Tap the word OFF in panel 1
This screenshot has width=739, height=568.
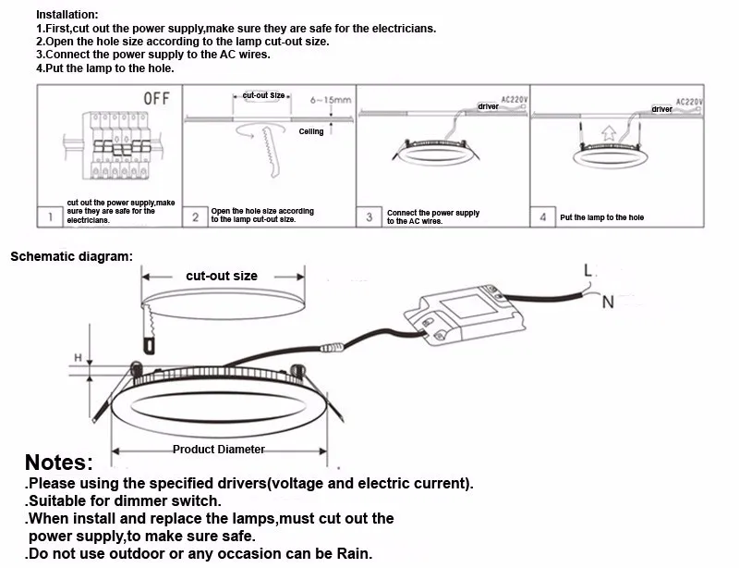154,99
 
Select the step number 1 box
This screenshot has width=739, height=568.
50,217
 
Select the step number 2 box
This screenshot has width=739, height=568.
195,217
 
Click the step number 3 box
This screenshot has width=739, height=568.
369,217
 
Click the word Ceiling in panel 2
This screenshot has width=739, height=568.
311,132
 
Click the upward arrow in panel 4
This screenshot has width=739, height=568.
606,133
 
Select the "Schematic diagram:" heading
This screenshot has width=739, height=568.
71,255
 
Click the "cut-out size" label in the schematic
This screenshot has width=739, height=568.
222,276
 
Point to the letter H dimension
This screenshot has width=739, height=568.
79,357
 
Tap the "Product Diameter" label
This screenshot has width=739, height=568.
219,450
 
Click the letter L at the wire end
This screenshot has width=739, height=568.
588,271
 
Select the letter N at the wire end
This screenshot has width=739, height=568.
607,302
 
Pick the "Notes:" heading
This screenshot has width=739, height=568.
59,463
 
